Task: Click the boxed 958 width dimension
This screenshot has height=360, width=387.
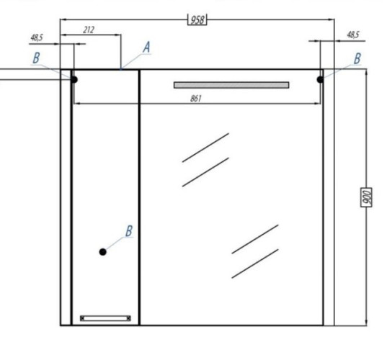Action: (x=197, y=19)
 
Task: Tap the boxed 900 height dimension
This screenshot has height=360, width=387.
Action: (x=366, y=197)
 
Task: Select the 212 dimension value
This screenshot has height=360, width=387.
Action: (x=89, y=30)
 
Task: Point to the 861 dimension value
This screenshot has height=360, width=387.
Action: (x=196, y=99)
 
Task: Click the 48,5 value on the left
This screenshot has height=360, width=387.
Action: (x=37, y=37)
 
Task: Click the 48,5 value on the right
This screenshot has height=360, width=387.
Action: (x=353, y=35)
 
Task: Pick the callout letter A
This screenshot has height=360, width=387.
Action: (x=146, y=47)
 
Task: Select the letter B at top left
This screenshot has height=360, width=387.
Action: (x=36, y=58)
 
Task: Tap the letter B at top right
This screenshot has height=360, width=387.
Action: (x=357, y=58)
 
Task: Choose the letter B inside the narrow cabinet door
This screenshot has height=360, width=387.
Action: (x=129, y=231)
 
